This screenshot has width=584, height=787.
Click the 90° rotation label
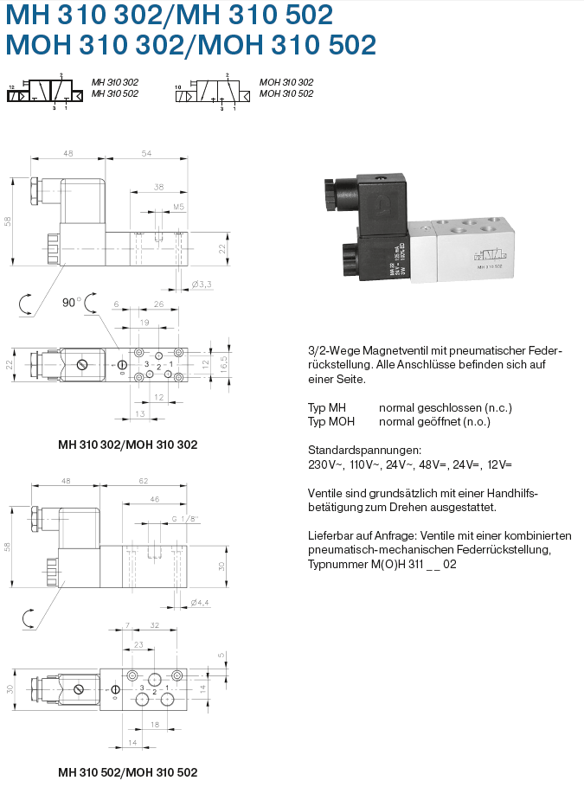coord(70,303)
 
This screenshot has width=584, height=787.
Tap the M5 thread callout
coord(178,208)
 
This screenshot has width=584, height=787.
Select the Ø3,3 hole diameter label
coord(201,284)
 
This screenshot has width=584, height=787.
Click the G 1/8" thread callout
coord(185,519)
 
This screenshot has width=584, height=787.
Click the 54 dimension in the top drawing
coord(145,153)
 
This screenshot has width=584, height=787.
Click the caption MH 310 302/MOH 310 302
coord(127,445)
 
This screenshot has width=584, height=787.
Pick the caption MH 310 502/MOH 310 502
coord(127,771)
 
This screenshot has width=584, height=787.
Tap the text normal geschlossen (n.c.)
coord(428,406)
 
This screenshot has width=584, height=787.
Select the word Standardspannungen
coord(364,450)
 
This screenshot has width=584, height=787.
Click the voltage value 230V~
coord(325,464)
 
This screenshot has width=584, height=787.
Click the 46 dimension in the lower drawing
coord(155,500)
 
